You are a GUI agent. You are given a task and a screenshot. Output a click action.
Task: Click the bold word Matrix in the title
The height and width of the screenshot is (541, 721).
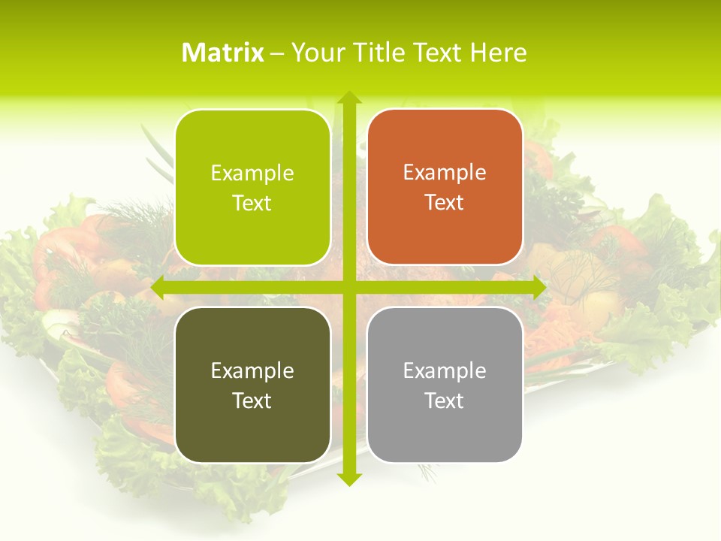pyautogui.click(x=223, y=53)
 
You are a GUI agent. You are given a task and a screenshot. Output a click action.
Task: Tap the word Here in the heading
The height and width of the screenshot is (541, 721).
pyautogui.click(x=498, y=53)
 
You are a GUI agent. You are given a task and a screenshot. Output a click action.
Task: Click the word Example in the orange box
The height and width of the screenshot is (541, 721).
pyautogui.click(x=445, y=173)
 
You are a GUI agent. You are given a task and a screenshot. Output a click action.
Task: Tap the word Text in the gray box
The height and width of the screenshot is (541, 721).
pyautogui.click(x=445, y=400)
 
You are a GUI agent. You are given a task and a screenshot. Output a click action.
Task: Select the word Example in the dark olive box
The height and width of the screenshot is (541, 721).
pyautogui.click(x=252, y=370)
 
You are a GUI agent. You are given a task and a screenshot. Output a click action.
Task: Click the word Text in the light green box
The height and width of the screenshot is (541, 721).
pyautogui.click(x=252, y=203)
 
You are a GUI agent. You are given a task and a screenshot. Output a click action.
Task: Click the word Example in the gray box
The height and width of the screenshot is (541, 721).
pyautogui.click(x=445, y=370)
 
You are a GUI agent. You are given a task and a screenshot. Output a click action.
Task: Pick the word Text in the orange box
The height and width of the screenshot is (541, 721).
pyautogui.click(x=445, y=203)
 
